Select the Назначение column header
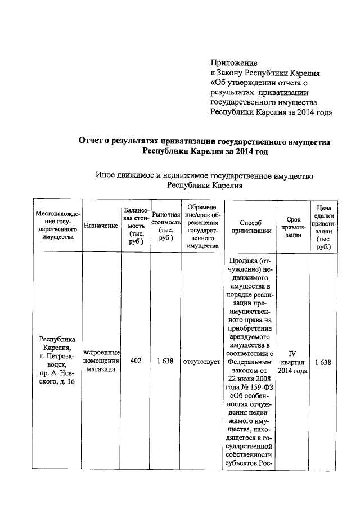(x=101, y=226)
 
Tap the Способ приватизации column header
(x=251, y=226)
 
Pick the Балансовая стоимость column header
(x=136, y=226)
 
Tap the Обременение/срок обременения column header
(x=202, y=226)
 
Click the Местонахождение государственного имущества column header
(x=58, y=226)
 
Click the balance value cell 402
(x=136, y=362)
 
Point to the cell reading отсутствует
(x=202, y=362)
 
